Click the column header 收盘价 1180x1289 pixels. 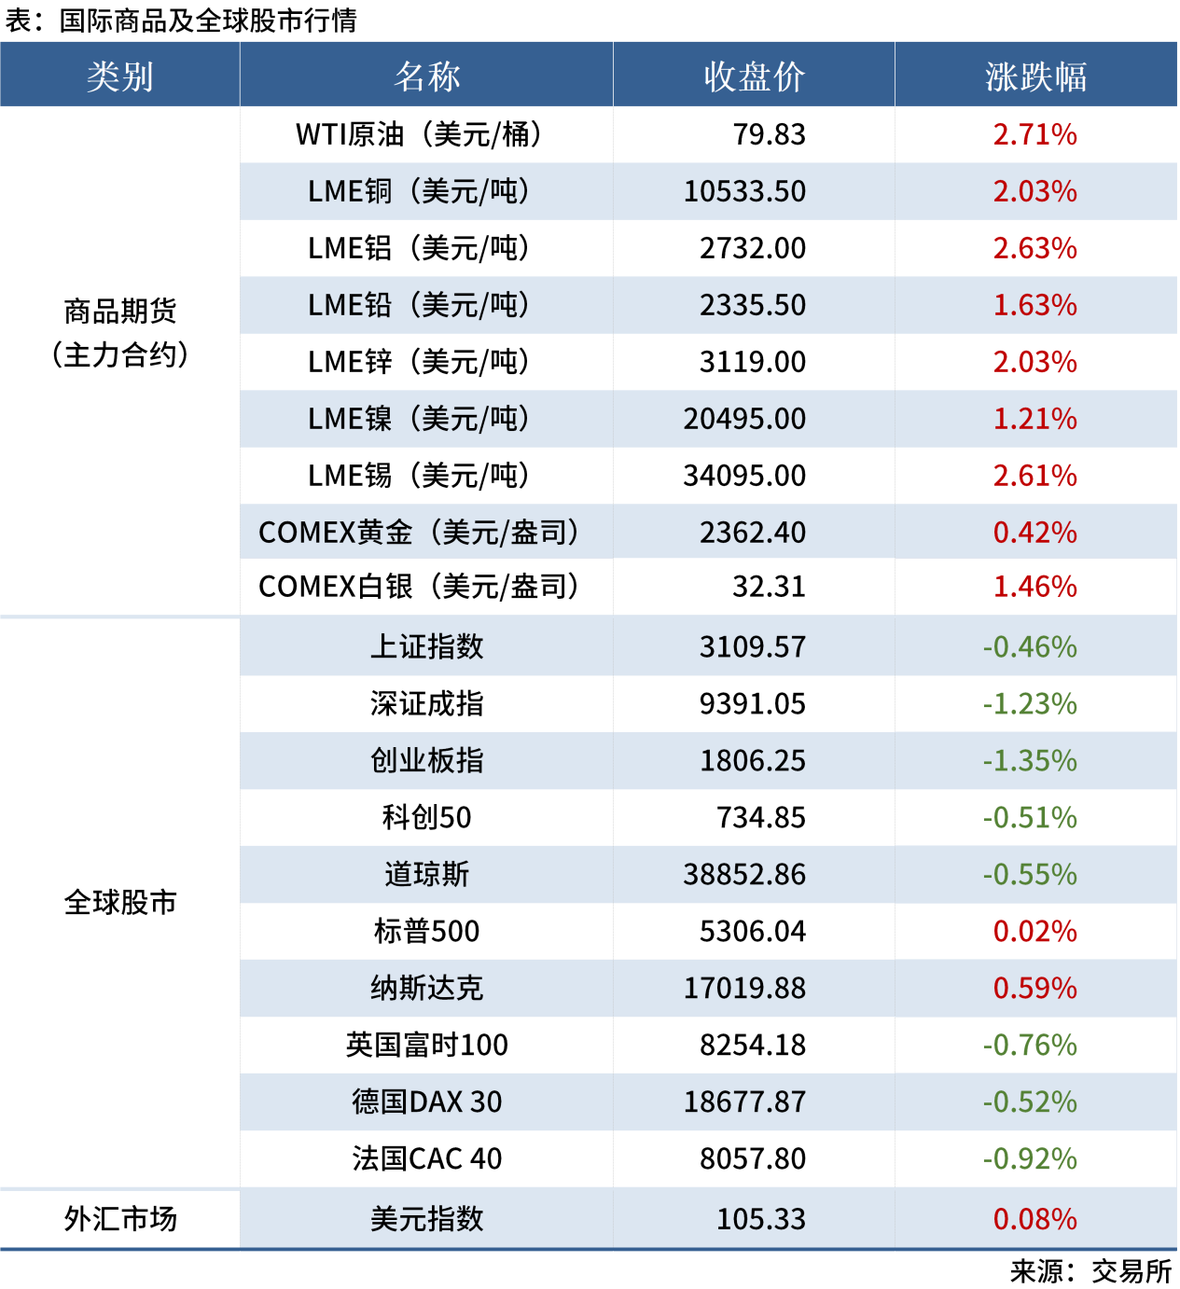(754, 76)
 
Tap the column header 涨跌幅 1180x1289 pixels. (1035, 76)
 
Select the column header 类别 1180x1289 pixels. (119, 76)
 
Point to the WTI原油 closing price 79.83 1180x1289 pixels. (769, 134)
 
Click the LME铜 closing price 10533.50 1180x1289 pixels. (744, 191)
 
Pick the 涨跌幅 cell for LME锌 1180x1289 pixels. (1034, 362)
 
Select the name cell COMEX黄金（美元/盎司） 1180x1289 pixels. (420, 533)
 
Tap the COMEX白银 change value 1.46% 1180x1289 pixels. (1034, 587)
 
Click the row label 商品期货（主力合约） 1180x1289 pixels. (119, 333)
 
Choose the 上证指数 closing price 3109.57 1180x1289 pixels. (752, 647)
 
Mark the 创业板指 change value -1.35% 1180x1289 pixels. (1030, 761)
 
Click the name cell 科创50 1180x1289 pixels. (426, 818)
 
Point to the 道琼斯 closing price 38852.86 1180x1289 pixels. (744, 875)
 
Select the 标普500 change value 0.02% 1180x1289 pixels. (1034, 932)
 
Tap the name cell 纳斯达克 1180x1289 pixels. (426, 989)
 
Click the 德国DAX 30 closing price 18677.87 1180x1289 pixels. (744, 1102)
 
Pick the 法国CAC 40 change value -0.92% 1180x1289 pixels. (1030, 1159)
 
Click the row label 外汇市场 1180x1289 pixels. (119, 1219)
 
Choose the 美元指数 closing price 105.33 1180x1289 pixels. (760, 1219)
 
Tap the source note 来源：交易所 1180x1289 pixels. (1090, 1271)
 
